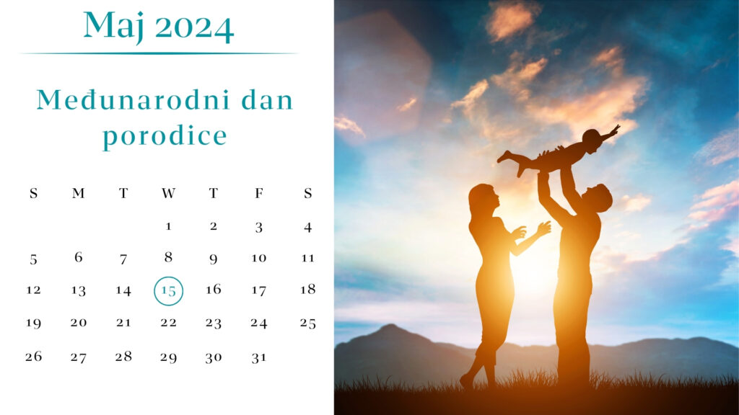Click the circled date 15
[x=168, y=291]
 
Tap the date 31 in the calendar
[x=259, y=357]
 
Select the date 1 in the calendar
[x=168, y=227]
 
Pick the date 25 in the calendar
[x=307, y=323]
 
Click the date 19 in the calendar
[x=33, y=323]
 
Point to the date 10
[x=259, y=258]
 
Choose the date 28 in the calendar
[x=123, y=357]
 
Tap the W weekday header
[x=168, y=193]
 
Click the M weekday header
[x=78, y=193]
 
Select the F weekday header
[x=259, y=193]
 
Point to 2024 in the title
[x=194, y=29]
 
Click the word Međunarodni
[x=134, y=100]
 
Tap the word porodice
[x=165, y=136]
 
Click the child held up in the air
[x=559, y=151]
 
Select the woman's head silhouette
[x=481, y=200]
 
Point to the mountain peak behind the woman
[x=390, y=326]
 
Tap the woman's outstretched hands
[x=531, y=231]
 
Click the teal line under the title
[x=158, y=53]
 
